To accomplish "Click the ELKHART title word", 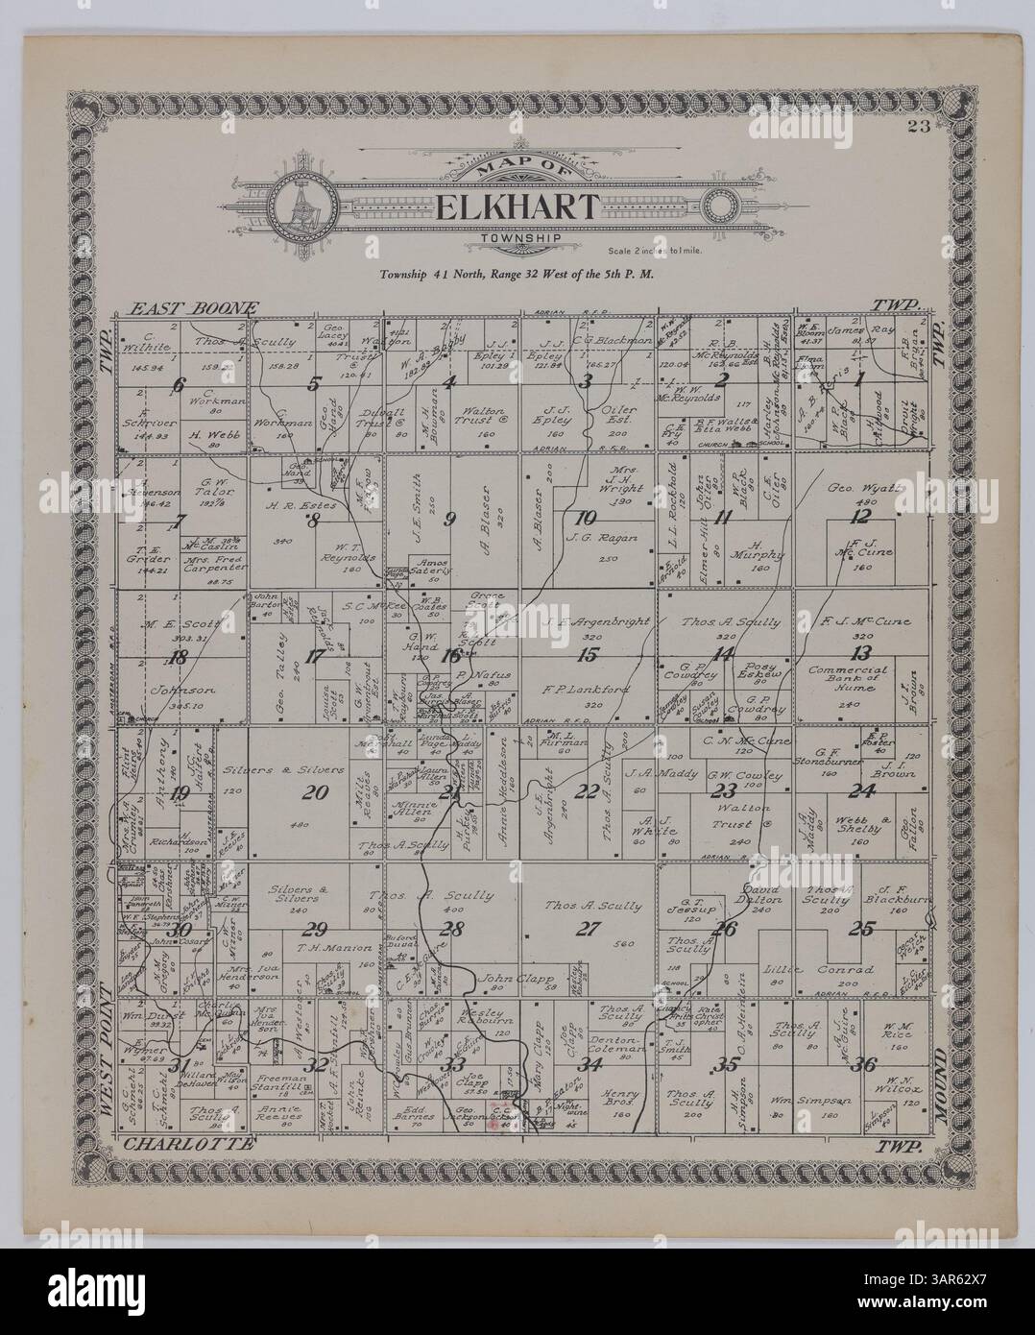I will pos(518,207).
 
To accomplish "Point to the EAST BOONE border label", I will pos(195,309).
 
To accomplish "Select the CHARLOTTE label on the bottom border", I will pos(190,1144).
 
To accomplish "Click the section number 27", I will pos(583,928).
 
